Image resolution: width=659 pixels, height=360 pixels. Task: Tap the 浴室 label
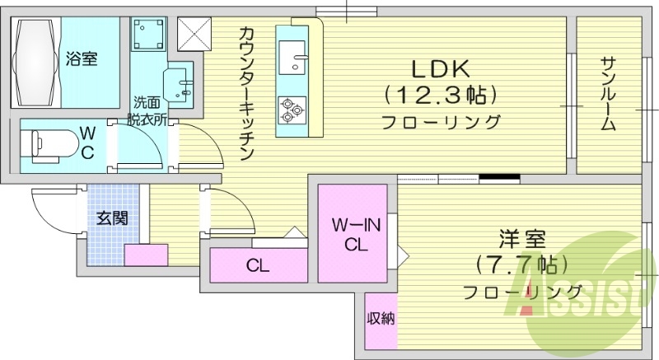82,58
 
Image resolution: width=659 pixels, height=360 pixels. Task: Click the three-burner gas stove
292,110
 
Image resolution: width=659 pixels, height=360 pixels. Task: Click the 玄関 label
111,218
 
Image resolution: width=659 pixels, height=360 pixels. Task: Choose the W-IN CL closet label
354,234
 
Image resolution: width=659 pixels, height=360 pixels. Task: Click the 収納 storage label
380,318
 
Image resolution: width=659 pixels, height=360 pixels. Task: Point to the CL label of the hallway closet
257,266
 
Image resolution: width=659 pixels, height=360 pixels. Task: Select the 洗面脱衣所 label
152,111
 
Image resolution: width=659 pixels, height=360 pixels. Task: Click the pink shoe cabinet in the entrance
146,254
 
